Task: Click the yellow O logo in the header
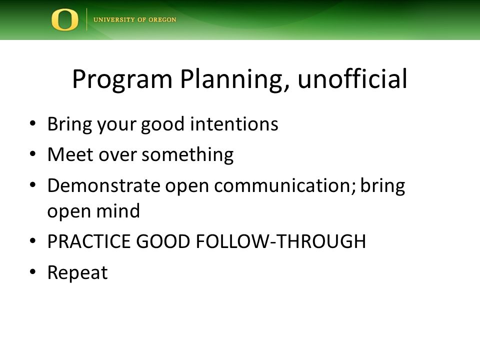coord(64,19)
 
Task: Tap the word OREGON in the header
coord(162,19)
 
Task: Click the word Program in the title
coord(122,79)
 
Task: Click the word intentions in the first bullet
coord(234,124)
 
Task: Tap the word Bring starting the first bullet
coord(70,125)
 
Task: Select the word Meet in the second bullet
coord(70,154)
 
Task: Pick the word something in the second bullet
coord(187,155)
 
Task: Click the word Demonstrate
coord(104,185)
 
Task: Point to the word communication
coord(285,185)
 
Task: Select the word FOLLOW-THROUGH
coord(280,241)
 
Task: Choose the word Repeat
coord(77,273)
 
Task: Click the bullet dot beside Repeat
coord(33,271)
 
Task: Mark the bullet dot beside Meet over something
coord(33,153)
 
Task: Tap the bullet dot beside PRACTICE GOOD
coord(33,240)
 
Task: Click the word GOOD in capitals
coord(163,241)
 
